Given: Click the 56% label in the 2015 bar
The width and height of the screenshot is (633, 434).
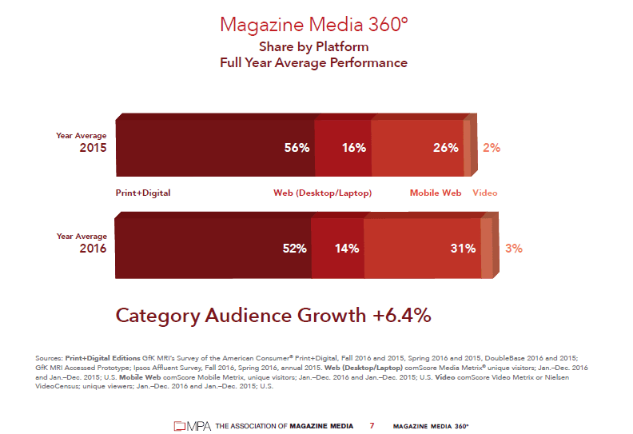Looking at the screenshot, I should coord(297,148).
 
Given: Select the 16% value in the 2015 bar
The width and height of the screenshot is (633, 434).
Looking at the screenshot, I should coord(353,148).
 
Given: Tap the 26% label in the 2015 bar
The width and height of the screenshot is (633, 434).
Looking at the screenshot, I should coord(445,148).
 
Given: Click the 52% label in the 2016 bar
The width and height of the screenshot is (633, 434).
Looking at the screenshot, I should coord(294,249).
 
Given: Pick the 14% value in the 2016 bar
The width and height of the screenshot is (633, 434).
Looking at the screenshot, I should coord(346,249).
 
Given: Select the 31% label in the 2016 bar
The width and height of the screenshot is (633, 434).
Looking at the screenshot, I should coord(463,249).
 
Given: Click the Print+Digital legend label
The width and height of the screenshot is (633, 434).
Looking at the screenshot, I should coord(143,193).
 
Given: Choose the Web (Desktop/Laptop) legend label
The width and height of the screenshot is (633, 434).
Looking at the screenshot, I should coord(322,193).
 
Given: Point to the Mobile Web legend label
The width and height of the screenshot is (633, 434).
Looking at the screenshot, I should coord(436,193).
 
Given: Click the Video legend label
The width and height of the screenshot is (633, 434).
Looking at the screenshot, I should coord(484,193).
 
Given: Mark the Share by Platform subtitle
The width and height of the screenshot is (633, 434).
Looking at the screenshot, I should coord(313,47).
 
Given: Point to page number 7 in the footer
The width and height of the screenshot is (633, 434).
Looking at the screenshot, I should coord(372,426).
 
